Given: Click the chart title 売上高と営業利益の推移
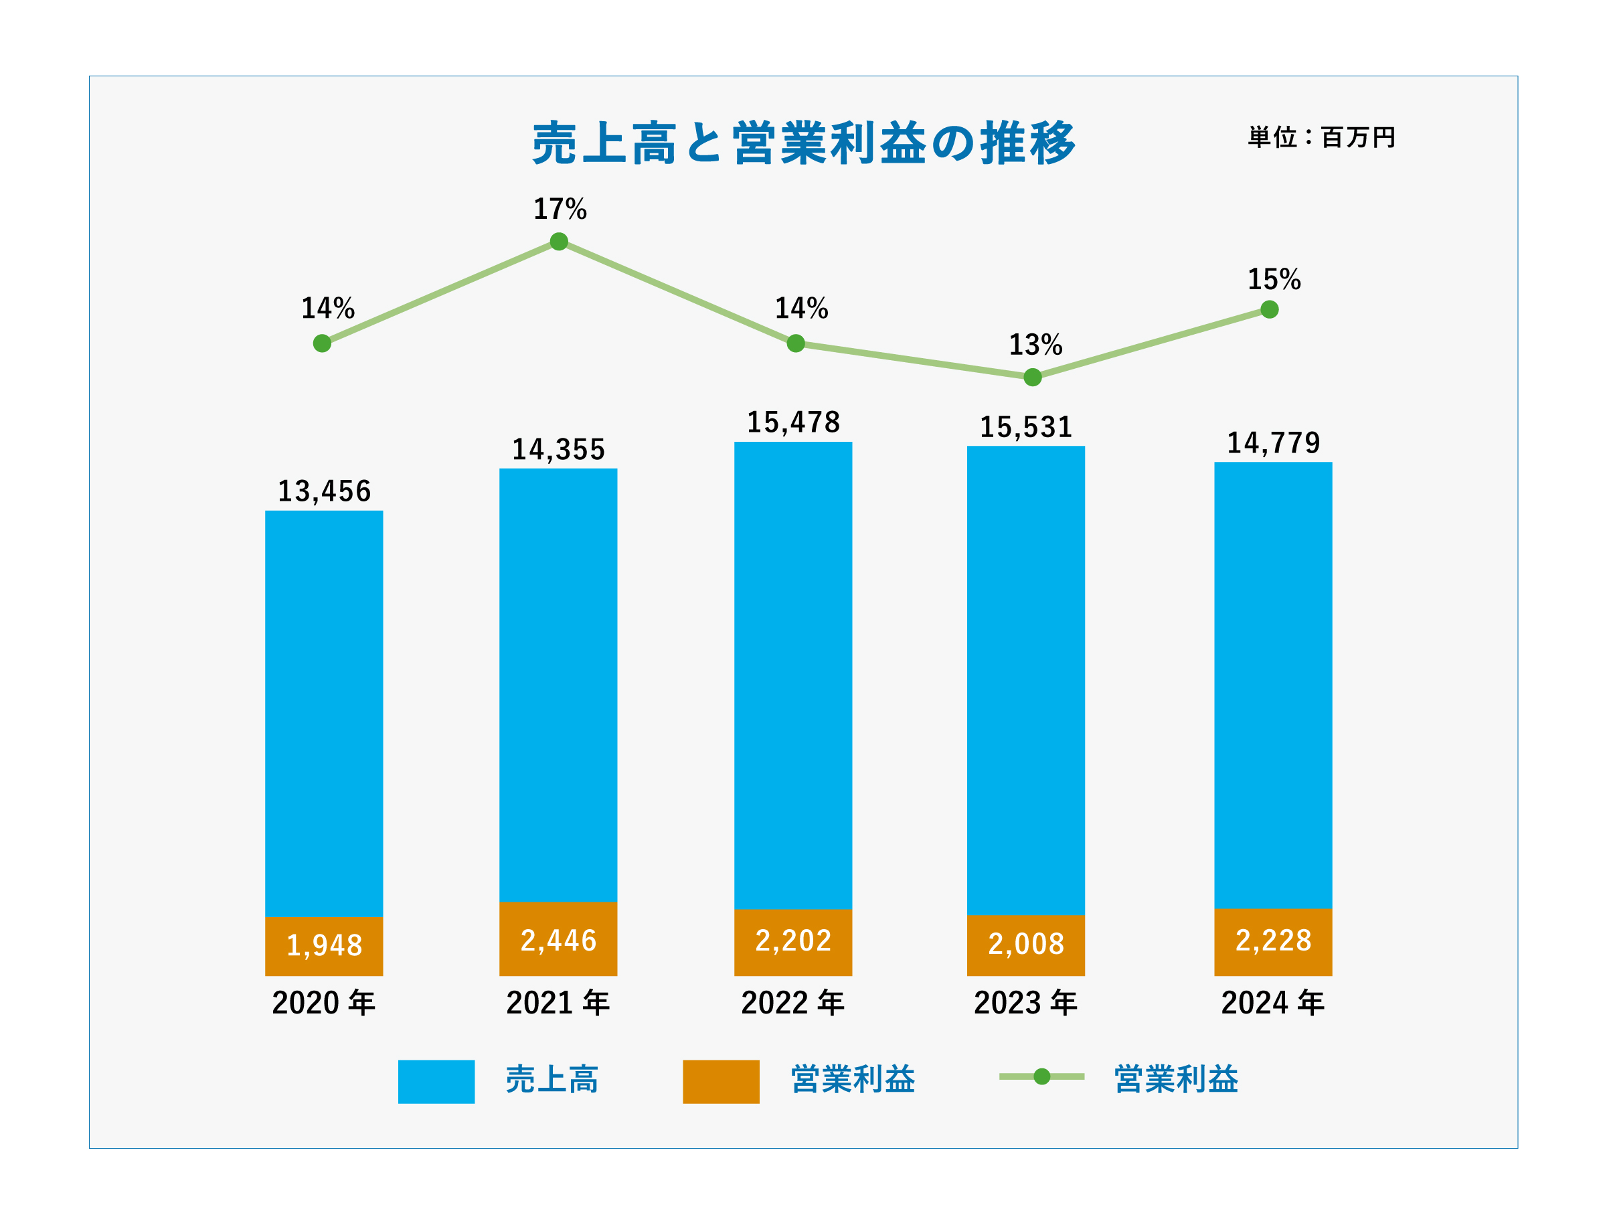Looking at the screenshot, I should (803, 143).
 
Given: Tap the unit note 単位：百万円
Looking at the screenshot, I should (1321, 137).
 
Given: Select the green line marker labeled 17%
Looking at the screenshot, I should (559, 241).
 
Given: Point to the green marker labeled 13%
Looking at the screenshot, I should (1032, 377).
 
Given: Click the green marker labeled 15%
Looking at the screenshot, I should (1269, 310).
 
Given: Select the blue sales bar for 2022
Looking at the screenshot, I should (793, 676).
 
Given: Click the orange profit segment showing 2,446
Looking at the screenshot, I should (558, 940).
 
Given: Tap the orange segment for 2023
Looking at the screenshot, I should (1026, 946).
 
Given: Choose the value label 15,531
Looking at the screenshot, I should (1026, 428).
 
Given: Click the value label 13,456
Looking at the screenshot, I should (324, 492).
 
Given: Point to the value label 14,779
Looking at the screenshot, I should (1273, 443).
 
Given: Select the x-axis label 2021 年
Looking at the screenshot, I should (558, 1003).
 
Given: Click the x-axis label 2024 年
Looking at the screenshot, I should (1273, 1003).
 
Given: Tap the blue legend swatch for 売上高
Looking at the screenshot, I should (436, 1082).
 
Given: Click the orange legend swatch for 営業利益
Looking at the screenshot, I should (721, 1082).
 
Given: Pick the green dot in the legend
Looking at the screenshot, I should (1042, 1076).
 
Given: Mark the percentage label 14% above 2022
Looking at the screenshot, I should (801, 309).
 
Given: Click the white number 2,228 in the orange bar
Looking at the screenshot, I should (1274, 941).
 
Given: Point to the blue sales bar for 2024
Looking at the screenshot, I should (1273, 685).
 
